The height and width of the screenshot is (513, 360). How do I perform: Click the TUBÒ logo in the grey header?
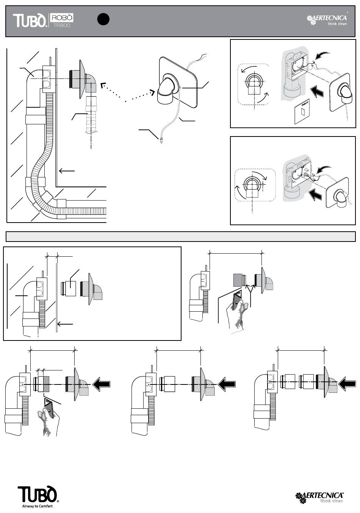(30, 20)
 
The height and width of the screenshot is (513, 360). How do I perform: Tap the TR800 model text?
(62, 25)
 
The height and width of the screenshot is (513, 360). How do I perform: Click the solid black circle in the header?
(103, 19)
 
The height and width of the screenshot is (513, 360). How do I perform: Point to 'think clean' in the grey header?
(337, 24)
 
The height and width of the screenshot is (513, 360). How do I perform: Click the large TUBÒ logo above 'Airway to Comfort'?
(37, 494)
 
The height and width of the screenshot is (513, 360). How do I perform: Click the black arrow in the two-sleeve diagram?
(347, 384)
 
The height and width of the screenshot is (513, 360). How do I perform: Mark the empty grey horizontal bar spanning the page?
(180, 237)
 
